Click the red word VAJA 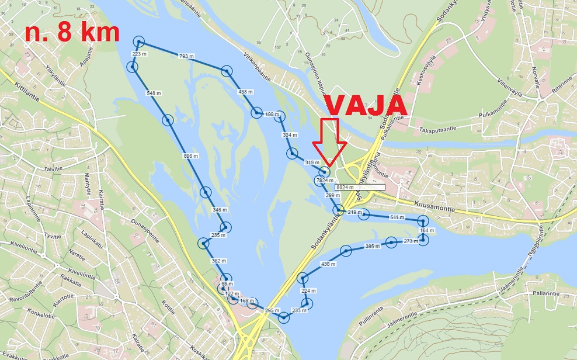pyautogui.click(x=365, y=105)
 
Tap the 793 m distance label pyautogui.click(x=186, y=56)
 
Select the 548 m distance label pyautogui.click(x=154, y=93)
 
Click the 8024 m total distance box pyautogui.click(x=360, y=188)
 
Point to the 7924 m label pyautogui.click(x=325, y=180)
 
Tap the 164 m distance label pyautogui.click(x=427, y=231)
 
